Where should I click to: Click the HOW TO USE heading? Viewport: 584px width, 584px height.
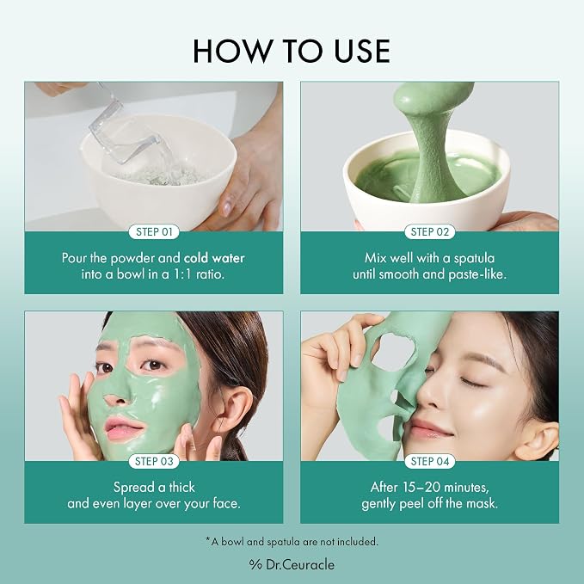[292, 51]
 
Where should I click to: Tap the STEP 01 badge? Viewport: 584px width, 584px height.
[154, 231]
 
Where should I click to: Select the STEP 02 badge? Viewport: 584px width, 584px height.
[430, 231]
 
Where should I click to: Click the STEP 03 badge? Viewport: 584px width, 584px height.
[154, 461]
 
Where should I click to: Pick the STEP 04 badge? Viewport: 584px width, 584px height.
[430, 461]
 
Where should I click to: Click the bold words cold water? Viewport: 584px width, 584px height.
[214, 258]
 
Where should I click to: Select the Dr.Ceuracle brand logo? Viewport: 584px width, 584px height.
[292, 564]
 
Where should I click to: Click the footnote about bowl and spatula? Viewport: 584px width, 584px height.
[292, 541]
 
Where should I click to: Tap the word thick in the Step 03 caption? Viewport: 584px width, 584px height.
[181, 487]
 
